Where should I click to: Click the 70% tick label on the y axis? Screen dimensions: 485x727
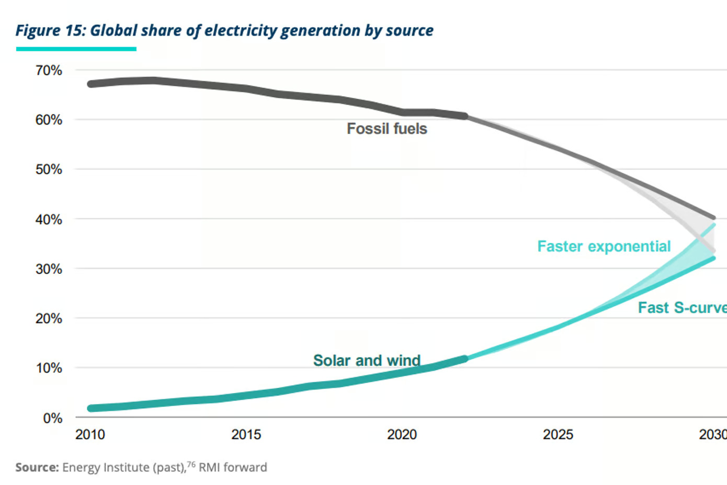[49, 71]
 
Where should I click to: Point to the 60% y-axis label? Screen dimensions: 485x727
[49, 120]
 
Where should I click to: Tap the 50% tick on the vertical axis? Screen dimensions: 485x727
[49, 170]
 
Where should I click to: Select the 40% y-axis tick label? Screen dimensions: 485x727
[49, 220]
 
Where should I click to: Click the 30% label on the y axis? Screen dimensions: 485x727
[49, 269]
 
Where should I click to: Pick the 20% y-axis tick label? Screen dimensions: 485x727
[49, 319]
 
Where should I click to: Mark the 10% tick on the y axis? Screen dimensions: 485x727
[49, 368]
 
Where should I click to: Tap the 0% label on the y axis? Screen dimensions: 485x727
[52, 418]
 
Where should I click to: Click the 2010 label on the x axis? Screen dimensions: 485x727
[90, 435]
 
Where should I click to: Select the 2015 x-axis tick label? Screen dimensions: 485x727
[246, 435]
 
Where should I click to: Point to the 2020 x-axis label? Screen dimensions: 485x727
[402, 435]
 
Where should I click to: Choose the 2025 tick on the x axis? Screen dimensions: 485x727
[558, 435]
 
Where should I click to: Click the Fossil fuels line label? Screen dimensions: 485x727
[387, 129]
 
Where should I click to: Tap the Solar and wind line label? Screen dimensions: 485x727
[367, 361]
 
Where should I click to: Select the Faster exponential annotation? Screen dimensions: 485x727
[604, 247]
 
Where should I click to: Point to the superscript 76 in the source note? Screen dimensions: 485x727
[191, 464]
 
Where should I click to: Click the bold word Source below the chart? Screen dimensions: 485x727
[37, 467]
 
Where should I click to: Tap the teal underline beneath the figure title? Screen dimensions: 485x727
[76, 49]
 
